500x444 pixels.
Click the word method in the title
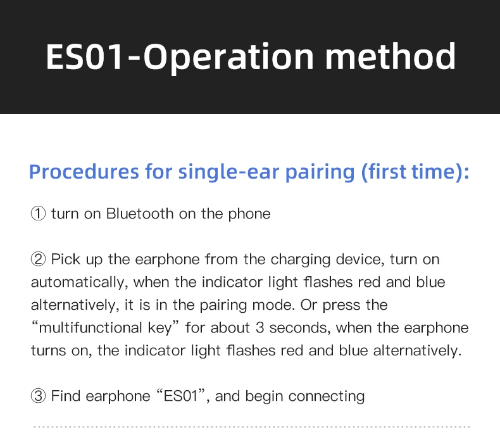[390, 56]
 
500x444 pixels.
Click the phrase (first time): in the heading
[415, 172]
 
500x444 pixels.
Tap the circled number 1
[38, 214]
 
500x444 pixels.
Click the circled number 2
[38, 260]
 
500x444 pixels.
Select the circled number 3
[38, 396]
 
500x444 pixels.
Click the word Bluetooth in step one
[139, 213]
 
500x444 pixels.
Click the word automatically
[79, 282]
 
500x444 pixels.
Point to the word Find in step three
[65, 396]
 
